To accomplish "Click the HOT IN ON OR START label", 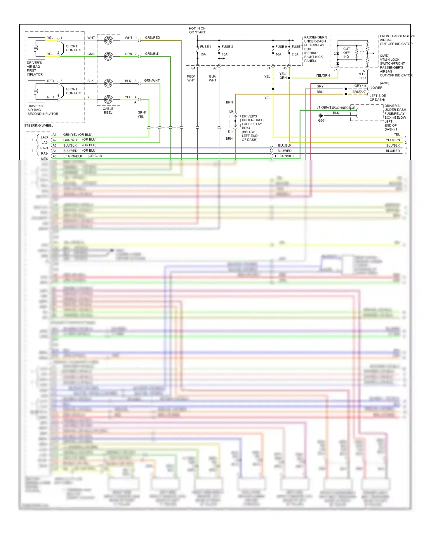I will pos(197,30).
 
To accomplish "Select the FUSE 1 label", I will pos(206,47).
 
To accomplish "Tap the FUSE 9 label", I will pos(281,47).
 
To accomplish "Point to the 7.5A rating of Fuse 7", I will pos(295,55).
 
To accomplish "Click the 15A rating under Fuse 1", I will pos(203,55).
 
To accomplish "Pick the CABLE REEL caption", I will pos(108,111).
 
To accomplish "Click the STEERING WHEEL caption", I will pos(39,126).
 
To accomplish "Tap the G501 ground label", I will pos(322,120).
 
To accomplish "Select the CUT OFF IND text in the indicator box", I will pos(346,53).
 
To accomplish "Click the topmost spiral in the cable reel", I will pos(108,40).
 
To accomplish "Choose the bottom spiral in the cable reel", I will pos(108,99).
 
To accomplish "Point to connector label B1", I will pos(193,68).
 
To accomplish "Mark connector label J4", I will pos(269,68).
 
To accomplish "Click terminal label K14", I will pos(231,132).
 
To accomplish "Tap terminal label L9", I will pos(231,111).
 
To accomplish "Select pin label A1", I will pos(55,135).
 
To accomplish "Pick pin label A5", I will pos(55,156).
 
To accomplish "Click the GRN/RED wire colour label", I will pos(152,38).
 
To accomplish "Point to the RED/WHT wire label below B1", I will pos(191,78).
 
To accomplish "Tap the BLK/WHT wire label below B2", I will pos(213,78).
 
